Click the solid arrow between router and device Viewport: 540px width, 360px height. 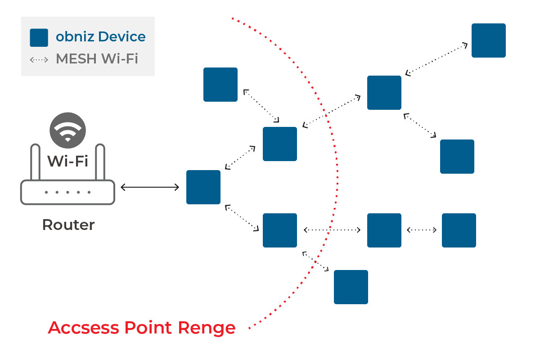[x=150, y=187]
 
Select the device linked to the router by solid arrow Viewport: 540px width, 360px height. [x=203, y=187]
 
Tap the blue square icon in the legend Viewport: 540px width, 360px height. [x=39, y=37]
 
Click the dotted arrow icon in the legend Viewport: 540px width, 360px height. [x=39, y=59]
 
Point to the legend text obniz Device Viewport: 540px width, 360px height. [x=100, y=37]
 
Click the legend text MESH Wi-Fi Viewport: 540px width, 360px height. [x=96, y=59]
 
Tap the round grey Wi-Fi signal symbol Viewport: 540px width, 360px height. [x=67, y=130]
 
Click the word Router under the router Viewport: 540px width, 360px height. [x=68, y=225]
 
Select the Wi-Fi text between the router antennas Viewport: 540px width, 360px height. [x=67, y=161]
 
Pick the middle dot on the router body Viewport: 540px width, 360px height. [x=67, y=192]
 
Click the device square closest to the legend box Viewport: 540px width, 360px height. [x=220, y=85]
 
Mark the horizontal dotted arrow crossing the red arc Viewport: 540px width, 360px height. [x=332, y=230]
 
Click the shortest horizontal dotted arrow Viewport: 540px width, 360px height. [x=422, y=230]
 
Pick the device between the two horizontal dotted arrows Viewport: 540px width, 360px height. [x=384, y=230]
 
